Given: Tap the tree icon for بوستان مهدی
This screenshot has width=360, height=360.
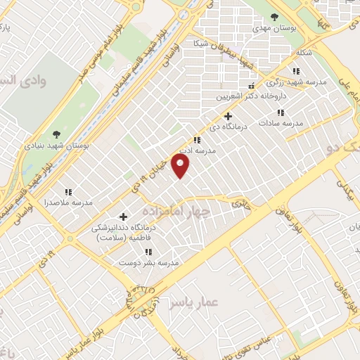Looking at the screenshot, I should pyautogui.click(x=274, y=18).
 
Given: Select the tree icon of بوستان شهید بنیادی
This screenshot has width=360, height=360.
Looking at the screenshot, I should pyautogui.click(x=56, y=134).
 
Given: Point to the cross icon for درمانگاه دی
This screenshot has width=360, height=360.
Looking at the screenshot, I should pyautogui.click(x=227, y=116).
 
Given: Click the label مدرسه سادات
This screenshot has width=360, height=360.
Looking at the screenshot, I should pyautogui.click(x=280, y=123).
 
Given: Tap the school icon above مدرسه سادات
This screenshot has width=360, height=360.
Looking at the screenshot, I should pyautogui.click(x=280, y=112).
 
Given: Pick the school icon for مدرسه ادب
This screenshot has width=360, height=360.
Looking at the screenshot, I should pyautogui.click(x=197, y=140).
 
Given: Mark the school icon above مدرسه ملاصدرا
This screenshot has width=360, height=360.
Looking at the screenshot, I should pyautogui.click(x=68, y=191).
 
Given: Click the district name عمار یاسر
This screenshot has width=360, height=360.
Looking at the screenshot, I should pyautogui.click(x=195, y=302).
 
